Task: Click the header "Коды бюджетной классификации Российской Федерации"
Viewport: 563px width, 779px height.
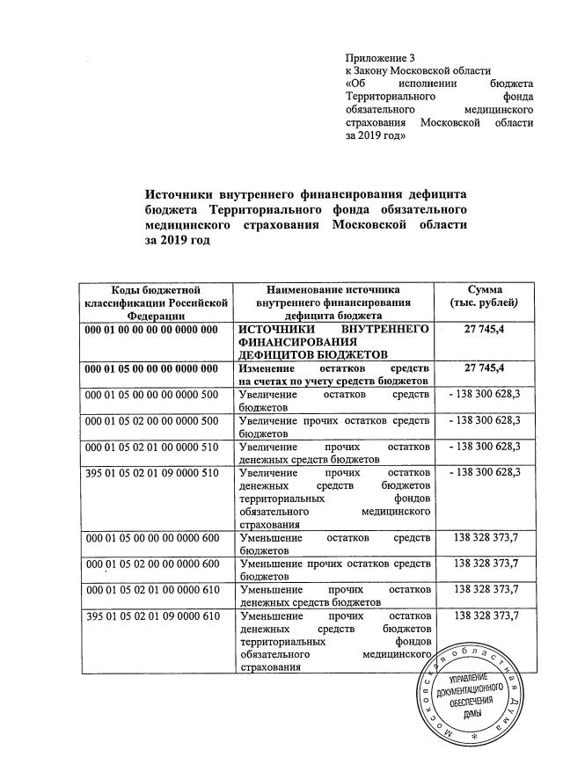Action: pos(156,303)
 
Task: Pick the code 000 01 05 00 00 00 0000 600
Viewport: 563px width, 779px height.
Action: pos(150,537)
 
